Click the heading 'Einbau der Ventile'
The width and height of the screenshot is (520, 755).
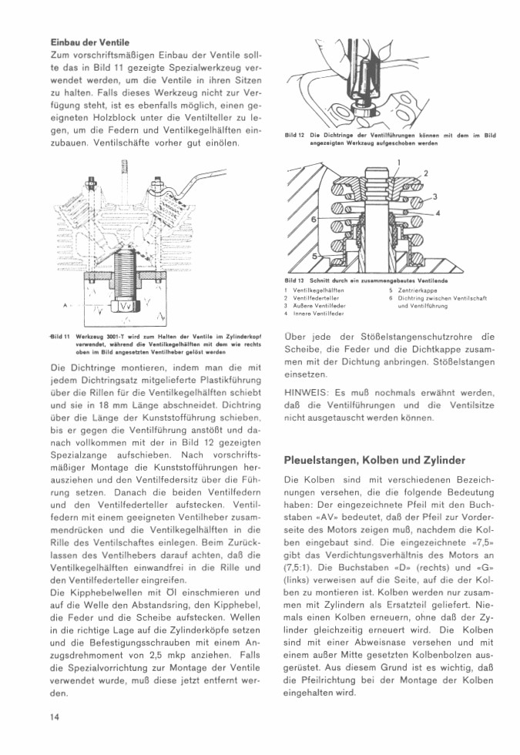point(89,42)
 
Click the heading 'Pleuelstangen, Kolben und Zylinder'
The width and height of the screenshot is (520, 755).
point(374,460)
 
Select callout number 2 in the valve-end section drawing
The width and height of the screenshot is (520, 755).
point(426,173)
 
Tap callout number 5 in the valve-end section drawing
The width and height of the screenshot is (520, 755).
point(314,255)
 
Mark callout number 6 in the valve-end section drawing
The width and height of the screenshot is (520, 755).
point(314,220)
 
